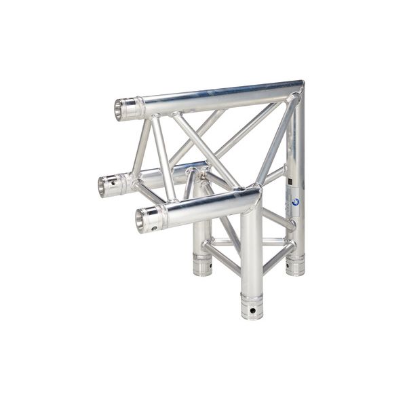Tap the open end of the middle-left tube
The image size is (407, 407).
(x=106, y=186)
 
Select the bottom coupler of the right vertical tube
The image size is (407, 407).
(x=295, y=265)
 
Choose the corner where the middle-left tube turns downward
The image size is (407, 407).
(x=197, y=170)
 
